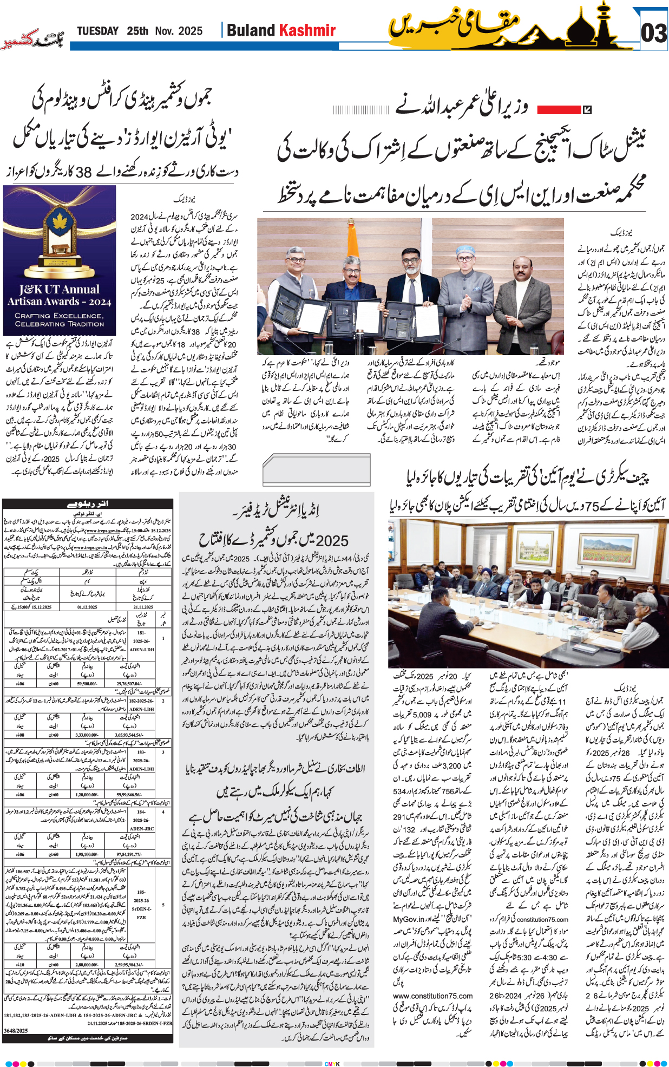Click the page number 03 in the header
pos(653,34)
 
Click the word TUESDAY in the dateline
pos(97,31)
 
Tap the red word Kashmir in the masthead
pos(307,30)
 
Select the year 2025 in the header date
pos(190,31)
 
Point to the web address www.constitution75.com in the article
pos(432,996)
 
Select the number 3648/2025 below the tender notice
pos(16,1031)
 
